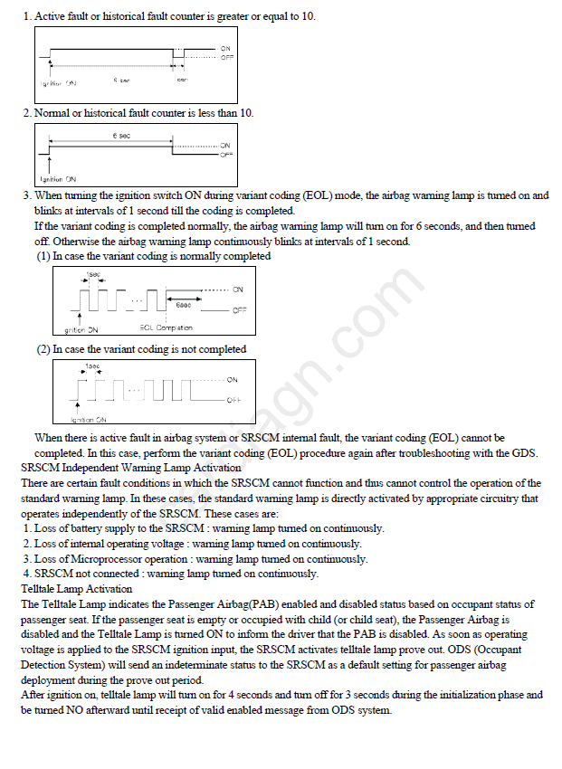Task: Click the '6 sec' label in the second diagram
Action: (x=119, y=136)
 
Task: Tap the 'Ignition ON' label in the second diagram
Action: (x=59, y=179)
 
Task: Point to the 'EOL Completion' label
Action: (x=167, y=328)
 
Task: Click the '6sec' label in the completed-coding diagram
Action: (x=183, y=305)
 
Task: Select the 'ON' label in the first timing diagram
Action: (x=225, y=47)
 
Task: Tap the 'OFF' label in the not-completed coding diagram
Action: (x=233, y=399)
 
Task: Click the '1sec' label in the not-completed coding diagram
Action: (x=91, y=366)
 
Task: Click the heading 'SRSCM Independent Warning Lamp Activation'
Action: (x=130, y=468)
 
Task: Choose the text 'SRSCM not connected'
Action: (x=87, y=574)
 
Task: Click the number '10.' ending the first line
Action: (x=308, y=17)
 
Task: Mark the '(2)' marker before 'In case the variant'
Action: (x=43, y=349)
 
